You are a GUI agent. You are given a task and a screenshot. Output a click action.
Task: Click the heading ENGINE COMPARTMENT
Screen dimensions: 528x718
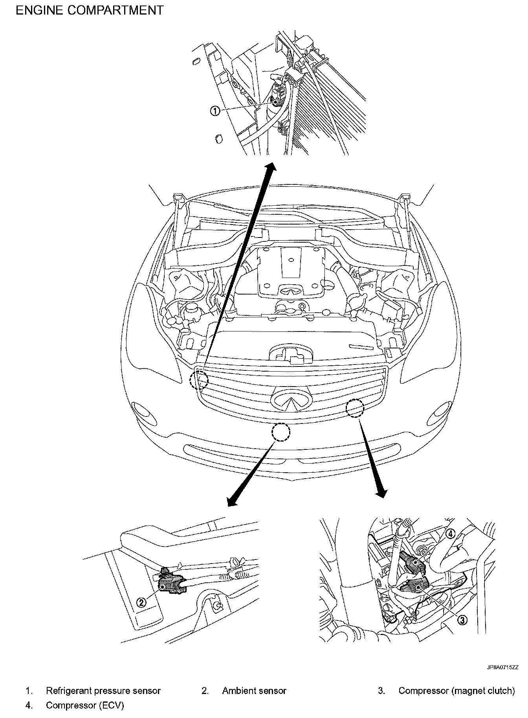[89, 10]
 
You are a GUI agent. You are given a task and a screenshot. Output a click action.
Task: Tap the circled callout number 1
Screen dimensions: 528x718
[215, 111]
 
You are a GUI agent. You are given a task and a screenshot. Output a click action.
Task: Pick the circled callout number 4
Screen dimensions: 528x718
[450, 534]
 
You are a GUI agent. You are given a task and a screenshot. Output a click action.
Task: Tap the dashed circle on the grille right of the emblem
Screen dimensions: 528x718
[355, 408]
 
